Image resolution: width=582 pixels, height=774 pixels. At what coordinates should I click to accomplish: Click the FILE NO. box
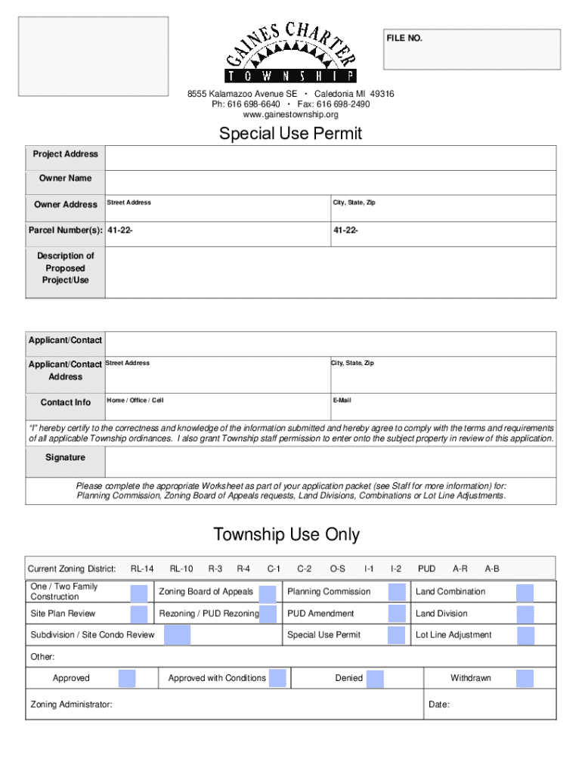pyautogui.click(x=472, y=49)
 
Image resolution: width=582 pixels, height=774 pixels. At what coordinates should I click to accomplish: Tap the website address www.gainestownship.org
pyautogui.click(x=290, y=115)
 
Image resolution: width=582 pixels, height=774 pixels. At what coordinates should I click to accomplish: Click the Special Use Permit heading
pyautogui.click(x=290, y=134)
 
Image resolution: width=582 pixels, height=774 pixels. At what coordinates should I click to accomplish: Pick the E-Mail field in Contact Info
pyautogui.click(x=442, y=404)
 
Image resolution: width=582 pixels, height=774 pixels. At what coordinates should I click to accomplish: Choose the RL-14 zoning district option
pyautogui.click(x=142, y=569)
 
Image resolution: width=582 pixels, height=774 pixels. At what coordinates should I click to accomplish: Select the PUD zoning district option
pyautogui.click(x=426, y=569)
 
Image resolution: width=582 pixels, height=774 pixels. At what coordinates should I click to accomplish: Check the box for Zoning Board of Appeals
pyautogui.click(x=267, y=593)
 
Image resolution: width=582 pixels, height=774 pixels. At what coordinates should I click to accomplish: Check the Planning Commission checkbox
pyautogui.click(x=397, y=593)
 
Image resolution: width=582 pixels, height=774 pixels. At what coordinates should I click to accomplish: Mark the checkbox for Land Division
pyautogui.click(x=525, y=614)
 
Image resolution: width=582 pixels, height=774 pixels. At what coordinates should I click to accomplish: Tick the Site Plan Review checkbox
pyautogui.click(x=138, y=614)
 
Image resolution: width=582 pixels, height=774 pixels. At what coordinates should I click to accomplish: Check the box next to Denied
pyautogui.click(x=375, y=679)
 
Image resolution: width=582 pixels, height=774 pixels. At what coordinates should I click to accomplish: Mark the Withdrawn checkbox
pyautogui.click(x=525, y=679)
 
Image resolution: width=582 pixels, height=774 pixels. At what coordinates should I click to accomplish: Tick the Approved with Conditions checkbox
pyautogui.click(x=277, y=679)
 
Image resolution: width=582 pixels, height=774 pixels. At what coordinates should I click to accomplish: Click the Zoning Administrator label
pyautogui.click(x=72, y=704)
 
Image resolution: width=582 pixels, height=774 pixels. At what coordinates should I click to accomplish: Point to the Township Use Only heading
pyautogui.click(x=286, y=535)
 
